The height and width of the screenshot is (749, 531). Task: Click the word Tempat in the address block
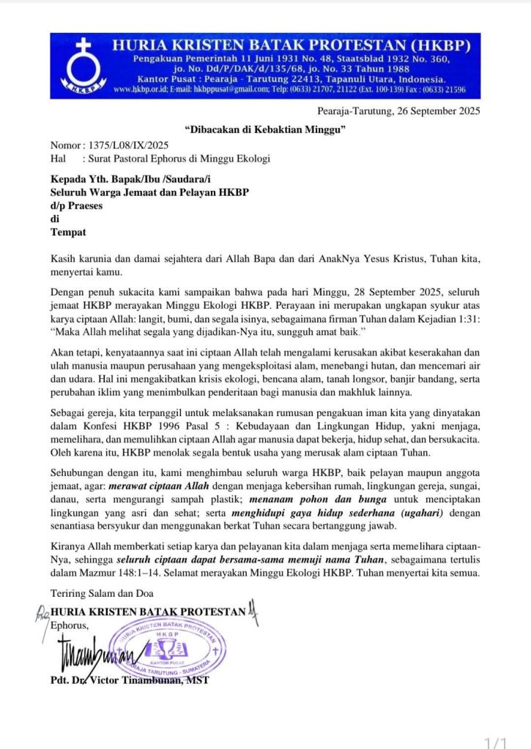68,233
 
